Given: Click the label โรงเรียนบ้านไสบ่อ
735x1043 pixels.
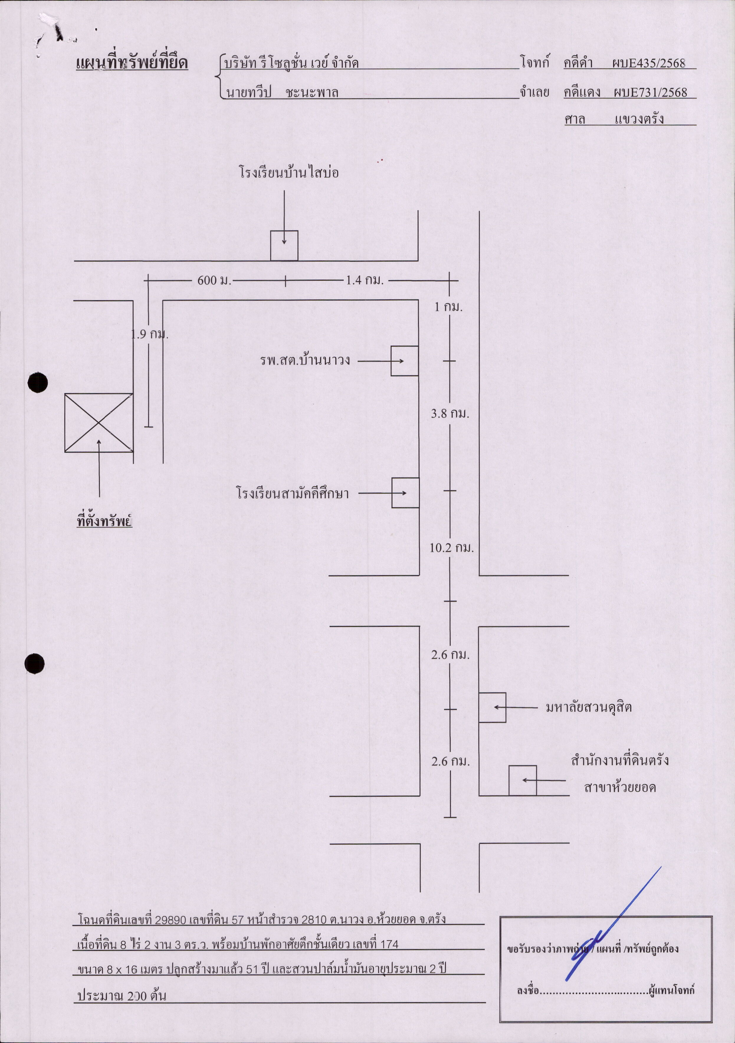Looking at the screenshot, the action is pyautogui.click(x=289, y=173).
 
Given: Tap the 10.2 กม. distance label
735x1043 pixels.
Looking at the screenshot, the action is pyautogui.click(x=452, y=548).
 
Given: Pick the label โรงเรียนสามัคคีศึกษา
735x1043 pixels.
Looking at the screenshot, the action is pyautogui.click(x=293, y=493).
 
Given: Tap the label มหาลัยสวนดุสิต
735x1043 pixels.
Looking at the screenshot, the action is pyautogui.click(x=589, y=707).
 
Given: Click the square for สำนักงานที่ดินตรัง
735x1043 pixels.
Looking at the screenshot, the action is pyautogui.click(x=522, y=781).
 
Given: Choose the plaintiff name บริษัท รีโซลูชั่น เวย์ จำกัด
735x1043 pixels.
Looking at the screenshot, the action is pyautogui.click(x=291, y=63).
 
